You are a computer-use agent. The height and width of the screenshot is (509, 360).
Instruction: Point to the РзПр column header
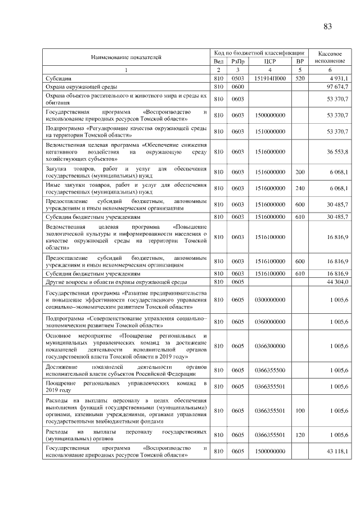237,61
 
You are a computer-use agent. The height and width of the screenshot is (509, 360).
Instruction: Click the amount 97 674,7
338,86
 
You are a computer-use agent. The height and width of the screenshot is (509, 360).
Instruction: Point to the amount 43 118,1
338,452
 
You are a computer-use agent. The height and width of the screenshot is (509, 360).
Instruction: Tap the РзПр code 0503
237,78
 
